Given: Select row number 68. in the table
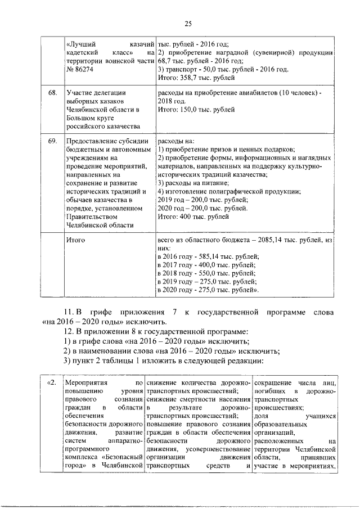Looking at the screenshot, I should point(52,92).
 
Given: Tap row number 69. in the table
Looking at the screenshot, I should point(52,141).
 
